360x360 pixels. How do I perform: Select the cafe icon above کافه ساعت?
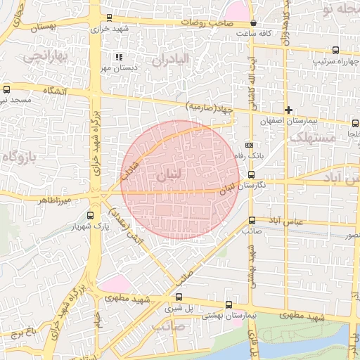pos(252,22)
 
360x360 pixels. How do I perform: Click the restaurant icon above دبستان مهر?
pos(118,57)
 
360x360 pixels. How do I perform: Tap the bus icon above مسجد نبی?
pos(7,89)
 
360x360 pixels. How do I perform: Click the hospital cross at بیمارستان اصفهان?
pos(288,110)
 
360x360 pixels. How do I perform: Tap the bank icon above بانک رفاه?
pos(248,145)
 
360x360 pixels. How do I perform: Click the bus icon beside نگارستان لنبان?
pos(251,175)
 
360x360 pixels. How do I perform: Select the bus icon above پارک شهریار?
pos(89,215)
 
